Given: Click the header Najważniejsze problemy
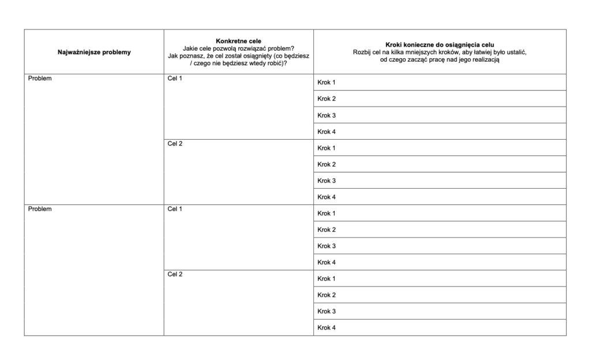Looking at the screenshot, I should (94, 52).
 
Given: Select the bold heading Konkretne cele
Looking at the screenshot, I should (238, 41).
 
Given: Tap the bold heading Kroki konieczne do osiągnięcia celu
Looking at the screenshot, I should (440, 45).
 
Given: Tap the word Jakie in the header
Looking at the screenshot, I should (190, 48).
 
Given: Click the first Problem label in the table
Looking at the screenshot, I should (40, 78).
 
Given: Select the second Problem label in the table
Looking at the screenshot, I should (40, 209).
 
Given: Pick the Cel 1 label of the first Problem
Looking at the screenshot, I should (175, 78).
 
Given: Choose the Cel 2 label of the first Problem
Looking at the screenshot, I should (175, 144).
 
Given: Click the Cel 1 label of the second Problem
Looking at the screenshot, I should (175, 209).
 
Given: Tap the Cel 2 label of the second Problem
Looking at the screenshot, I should (175, 274).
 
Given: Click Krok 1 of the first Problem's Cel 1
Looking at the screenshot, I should (327, 82).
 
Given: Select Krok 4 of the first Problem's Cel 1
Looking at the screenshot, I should (327, 132).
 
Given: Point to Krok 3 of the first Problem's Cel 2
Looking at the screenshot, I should (327, 181).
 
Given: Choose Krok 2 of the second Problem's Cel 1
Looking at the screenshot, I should (327, 230).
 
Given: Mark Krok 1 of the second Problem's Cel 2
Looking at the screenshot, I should (327, 279).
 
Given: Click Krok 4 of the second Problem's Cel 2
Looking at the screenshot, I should (327, 328).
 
